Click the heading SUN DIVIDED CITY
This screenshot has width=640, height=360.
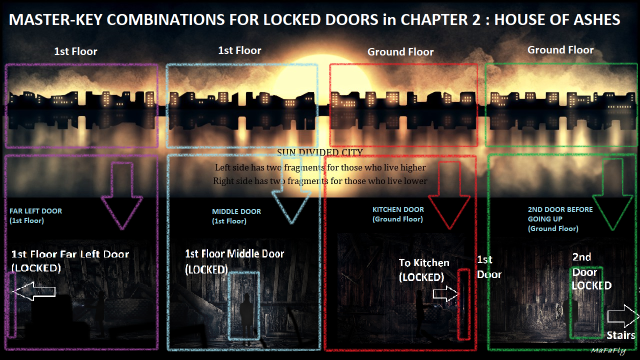(x=320, y=152)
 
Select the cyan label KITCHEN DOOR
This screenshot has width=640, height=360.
(x=398, y=209)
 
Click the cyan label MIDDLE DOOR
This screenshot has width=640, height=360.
(x=236, y=211)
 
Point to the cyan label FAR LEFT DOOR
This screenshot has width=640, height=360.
(x=35, y=211)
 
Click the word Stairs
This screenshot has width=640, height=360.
(x=620, y=335)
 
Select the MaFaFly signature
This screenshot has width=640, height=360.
(x=607, y=350)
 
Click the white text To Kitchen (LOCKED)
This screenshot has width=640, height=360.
(x=423, y=269)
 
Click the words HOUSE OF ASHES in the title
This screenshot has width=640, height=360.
(x=557, y=19)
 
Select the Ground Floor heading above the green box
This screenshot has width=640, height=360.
(x=560, y=50)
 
